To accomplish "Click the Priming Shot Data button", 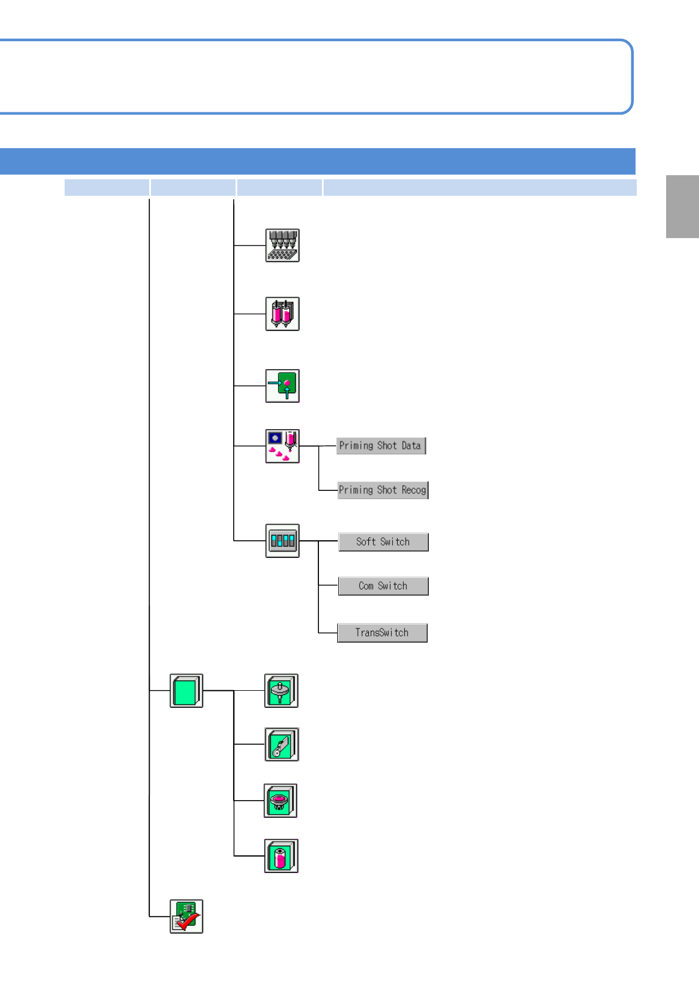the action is click(381, 446).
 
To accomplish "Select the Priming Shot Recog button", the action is click(383, 490).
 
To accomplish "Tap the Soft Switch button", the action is click(383, 541).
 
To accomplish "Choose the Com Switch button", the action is click(383, 586).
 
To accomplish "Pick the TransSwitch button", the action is click(382, 633).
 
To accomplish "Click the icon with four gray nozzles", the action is click(282, 245).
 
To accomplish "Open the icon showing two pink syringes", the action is click(282, 314).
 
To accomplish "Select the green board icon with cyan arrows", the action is click(282, 386).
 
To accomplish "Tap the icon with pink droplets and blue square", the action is click(282, 446).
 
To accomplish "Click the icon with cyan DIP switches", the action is click(282, 541).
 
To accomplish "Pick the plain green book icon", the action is click(186, 691).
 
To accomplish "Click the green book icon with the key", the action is click(281, 744).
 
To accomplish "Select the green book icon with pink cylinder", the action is click(281, 856).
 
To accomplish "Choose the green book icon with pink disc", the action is click(280, 801).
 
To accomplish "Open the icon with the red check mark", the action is click(186, 917).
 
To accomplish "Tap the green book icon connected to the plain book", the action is click(281, 691).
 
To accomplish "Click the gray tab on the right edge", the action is click(682, 206).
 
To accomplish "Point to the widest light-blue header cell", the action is click(479, 188).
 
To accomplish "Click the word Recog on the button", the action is click(414, 490).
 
